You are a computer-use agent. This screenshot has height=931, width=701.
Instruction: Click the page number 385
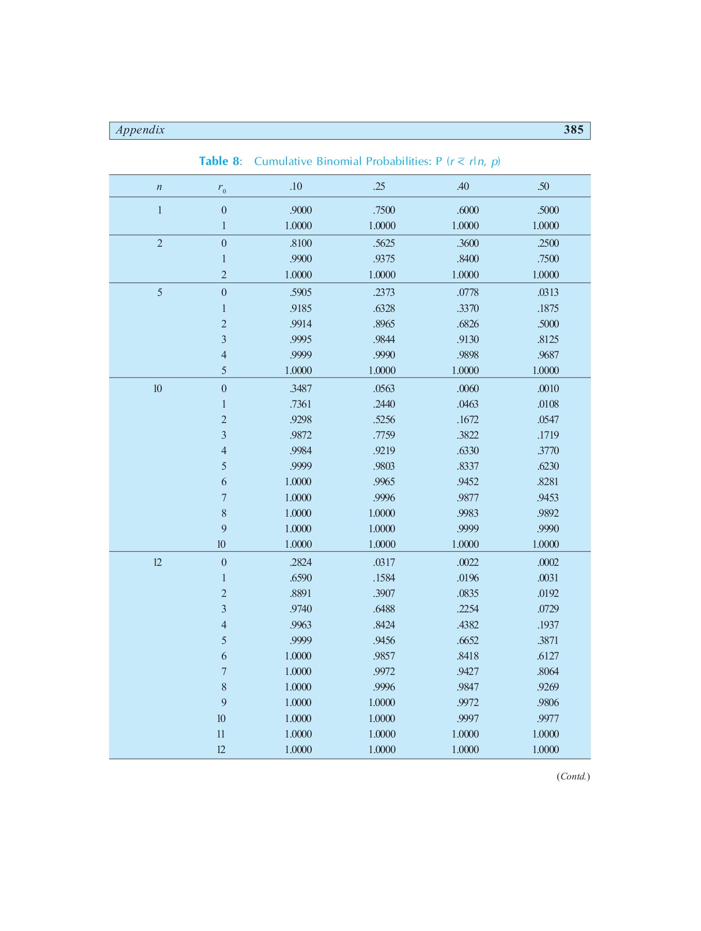(573, 130)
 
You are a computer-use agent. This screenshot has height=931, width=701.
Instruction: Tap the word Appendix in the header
(140, 130)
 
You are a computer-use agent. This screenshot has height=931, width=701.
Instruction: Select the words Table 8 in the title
(219, 161)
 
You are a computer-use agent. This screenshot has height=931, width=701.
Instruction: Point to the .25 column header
(379, 187)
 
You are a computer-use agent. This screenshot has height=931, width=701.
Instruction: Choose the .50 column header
(543, 187)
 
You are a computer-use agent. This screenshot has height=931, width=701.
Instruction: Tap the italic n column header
(159, 187)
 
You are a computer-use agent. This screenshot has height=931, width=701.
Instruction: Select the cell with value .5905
(301, 293)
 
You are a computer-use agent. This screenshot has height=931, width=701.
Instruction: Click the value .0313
(548, 293)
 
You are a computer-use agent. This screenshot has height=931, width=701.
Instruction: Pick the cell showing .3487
(301, 389)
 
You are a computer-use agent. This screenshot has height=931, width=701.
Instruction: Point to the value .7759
(384, 436)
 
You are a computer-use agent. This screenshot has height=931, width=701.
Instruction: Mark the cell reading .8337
(468, 467)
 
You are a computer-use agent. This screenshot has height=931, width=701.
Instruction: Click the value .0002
(548, 563)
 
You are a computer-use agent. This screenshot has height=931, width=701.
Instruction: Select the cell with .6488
(384, 609)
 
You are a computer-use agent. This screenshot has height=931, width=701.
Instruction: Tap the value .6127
(548, 656)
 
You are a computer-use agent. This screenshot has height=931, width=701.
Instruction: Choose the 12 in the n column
(158, 563)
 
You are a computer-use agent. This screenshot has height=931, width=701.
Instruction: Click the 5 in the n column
(160, 293)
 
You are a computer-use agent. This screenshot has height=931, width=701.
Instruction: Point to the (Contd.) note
(573, 776)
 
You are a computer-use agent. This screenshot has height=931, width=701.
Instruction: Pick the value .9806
(548, 703)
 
